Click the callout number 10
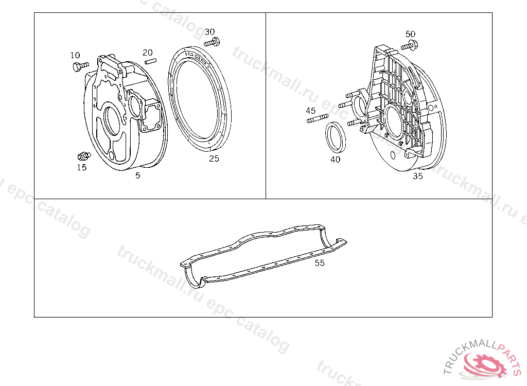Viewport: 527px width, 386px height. point(75,55)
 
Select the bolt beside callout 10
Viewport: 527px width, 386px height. point(81,66)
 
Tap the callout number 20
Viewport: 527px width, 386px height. point(148,52)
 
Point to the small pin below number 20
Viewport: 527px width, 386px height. point(151,61)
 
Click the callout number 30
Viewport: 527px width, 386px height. point(210,32)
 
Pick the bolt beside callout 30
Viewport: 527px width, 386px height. point(212,43)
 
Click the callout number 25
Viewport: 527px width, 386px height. point(214,159)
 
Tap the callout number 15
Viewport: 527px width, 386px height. point(82,167)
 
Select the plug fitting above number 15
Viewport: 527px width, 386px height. point(84,155)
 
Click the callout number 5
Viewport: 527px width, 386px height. point(138,175)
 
